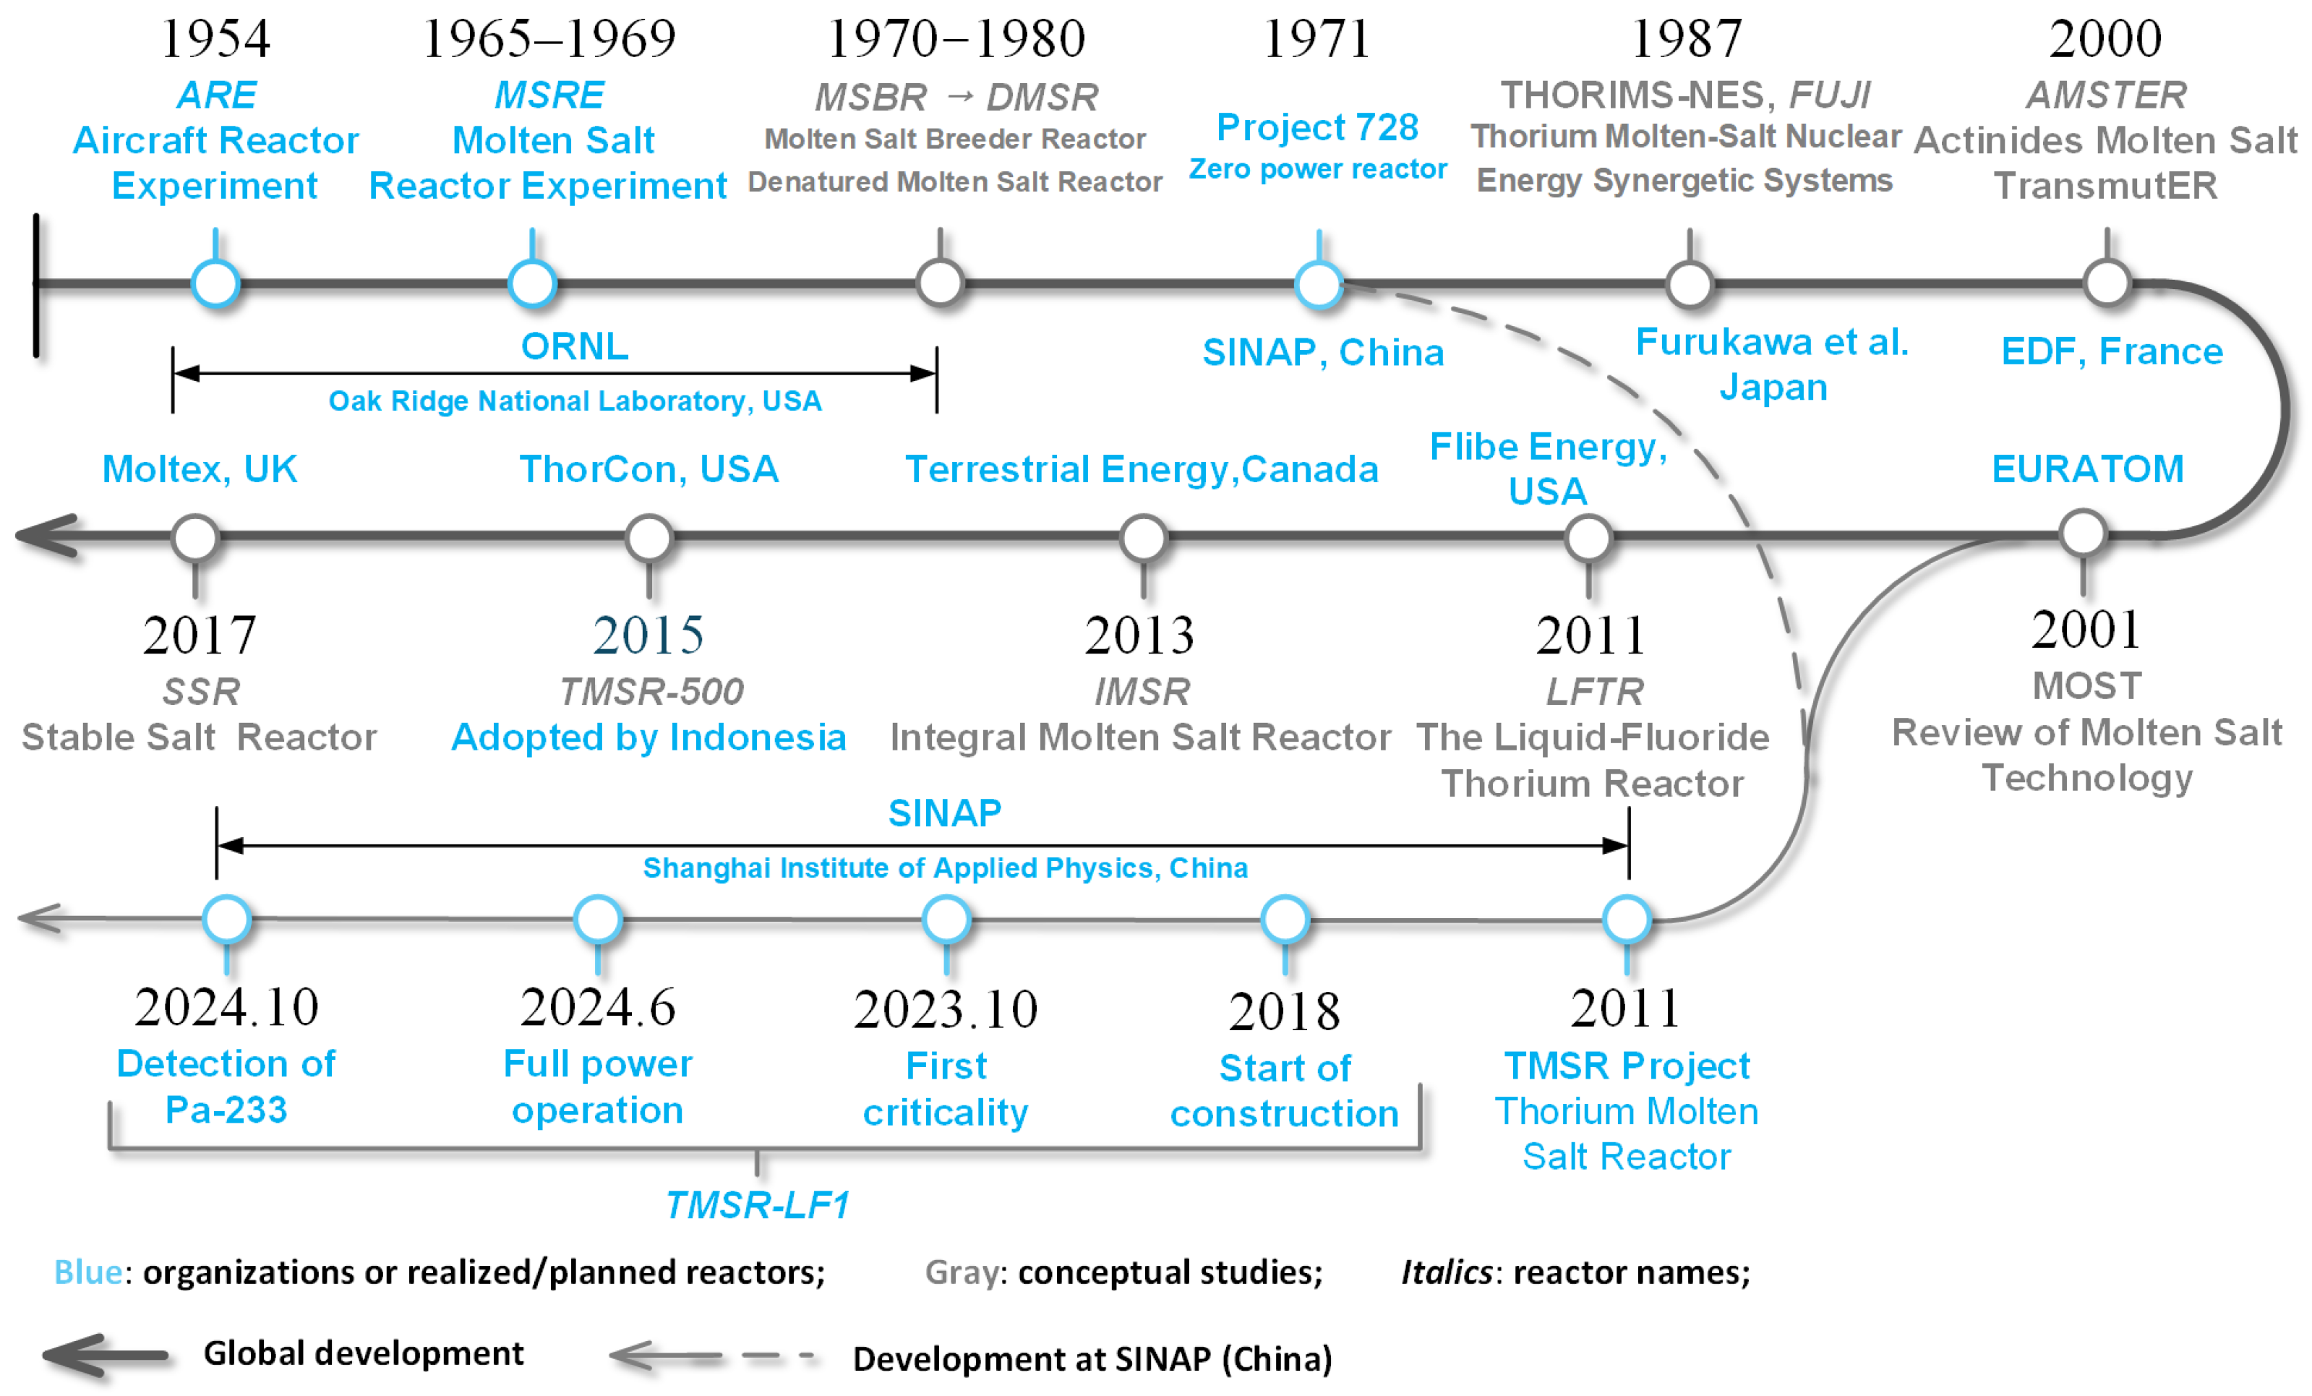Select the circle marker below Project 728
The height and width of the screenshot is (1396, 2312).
[1319, 283]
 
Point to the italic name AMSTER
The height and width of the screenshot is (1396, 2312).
[2105, 95]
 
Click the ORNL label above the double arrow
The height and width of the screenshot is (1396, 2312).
[574, 346]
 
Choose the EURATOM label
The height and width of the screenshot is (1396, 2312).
[2087, 468]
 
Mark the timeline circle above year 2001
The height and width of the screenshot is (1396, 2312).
[2083, 534]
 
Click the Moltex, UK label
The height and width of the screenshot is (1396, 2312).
[199, 468]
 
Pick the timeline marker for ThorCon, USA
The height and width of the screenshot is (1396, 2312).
[648, 539]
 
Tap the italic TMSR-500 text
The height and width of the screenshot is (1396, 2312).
[651, 691]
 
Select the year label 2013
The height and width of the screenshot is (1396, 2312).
[1139, 635]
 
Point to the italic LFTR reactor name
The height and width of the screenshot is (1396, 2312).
[1594, 691]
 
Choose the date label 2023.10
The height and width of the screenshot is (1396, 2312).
[945, 1009]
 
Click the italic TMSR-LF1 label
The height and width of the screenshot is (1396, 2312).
[757, 1204]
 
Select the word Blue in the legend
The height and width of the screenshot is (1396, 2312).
[88, 1272]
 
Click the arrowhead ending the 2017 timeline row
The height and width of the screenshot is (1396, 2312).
[47, 536]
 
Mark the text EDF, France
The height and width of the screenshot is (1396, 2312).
[2111, 351]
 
